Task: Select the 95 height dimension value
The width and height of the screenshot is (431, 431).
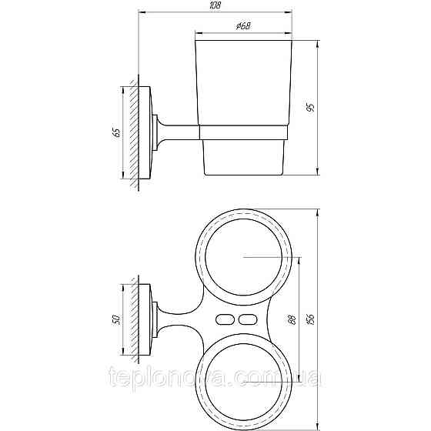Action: pyautogui.click(x=309, y=108)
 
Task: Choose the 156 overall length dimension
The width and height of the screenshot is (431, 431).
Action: pyautogui.click(x=309, y=319)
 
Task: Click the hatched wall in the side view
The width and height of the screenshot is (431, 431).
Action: pyautogui.click(x=135, y=132)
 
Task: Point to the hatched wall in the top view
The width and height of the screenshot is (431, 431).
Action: pyautogui.click(x=135, y=319)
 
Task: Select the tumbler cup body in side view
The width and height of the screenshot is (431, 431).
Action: pyautogui.click(x=243, y=85)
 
